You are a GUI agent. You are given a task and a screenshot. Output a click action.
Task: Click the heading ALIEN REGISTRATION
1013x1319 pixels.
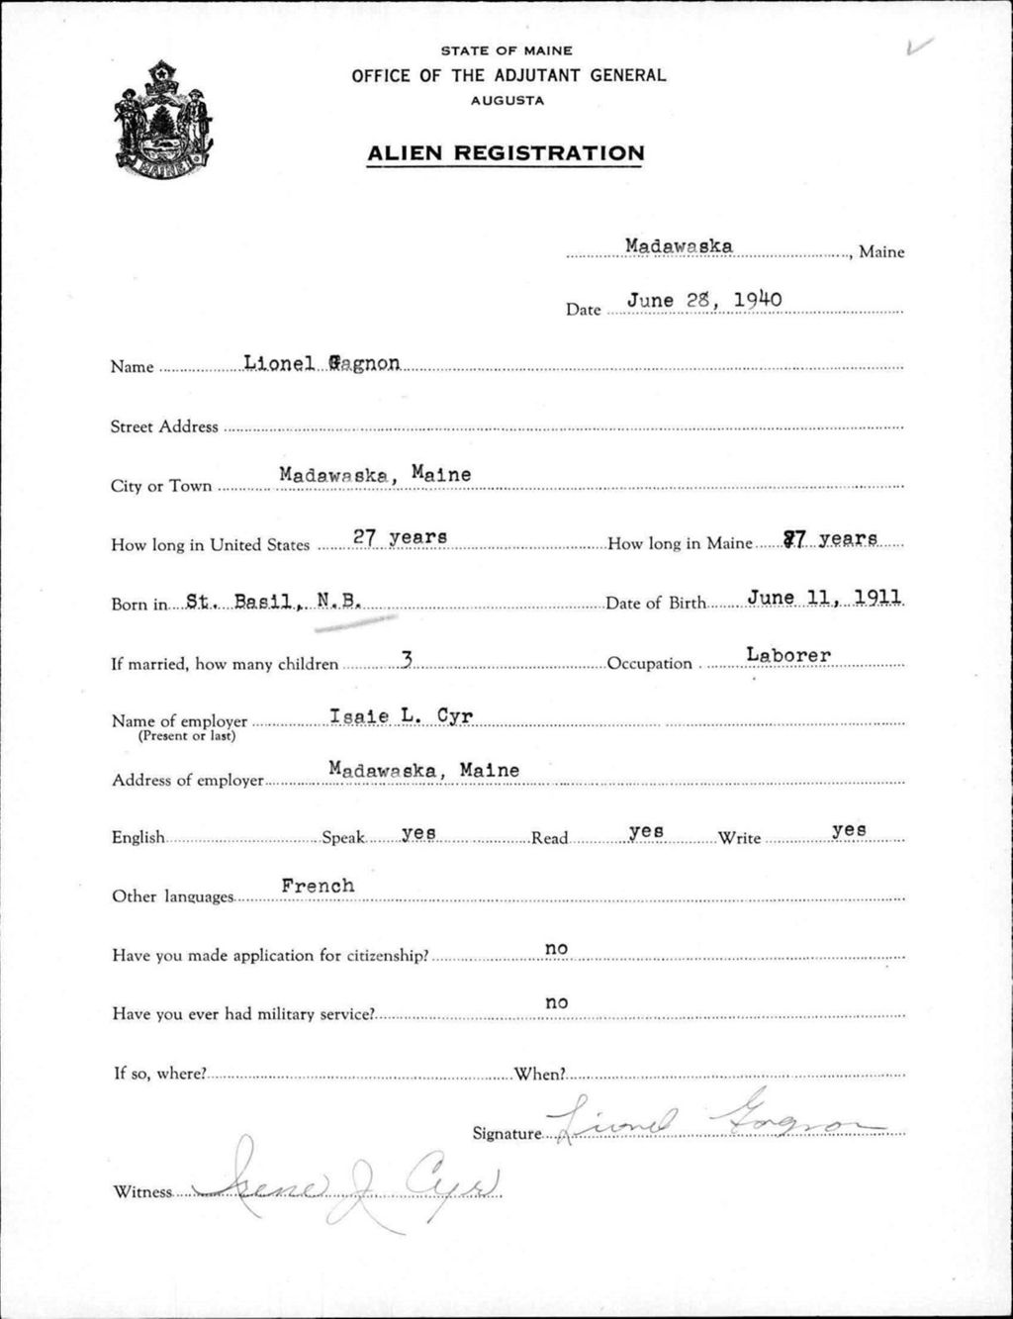tap(506, 153)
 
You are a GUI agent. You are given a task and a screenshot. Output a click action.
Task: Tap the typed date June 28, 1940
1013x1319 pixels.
tap(704, 300)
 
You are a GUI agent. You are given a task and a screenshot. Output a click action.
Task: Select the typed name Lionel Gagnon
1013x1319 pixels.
tap(322, 363)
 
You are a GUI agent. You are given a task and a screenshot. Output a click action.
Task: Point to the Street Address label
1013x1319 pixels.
tap(164, 426)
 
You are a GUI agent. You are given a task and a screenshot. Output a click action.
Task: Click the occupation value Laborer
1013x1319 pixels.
tap(788, 654)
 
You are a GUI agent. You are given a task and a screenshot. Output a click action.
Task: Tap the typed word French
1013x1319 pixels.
tap(318, 886)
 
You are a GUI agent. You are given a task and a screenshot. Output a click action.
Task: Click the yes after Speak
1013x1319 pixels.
tap(419, 832)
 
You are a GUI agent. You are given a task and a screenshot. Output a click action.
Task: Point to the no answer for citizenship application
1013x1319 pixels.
tap(557, 948)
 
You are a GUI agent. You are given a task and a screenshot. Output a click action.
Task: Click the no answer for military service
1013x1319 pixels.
tap(557, 1002)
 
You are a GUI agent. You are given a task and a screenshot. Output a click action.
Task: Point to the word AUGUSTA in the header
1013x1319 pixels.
tap(506, 100)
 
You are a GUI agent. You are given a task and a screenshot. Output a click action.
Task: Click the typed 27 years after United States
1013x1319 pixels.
tap(400, 537)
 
